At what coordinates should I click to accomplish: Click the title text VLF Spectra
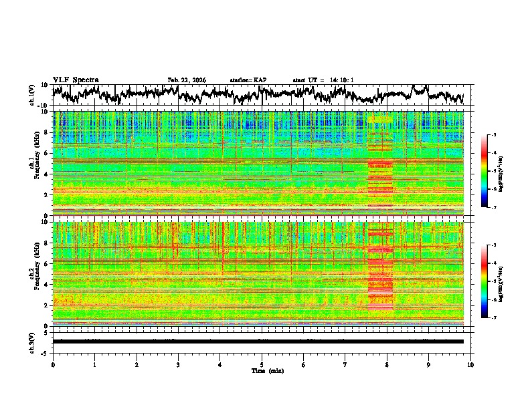pos(76,80)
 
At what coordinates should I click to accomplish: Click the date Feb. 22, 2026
pos(187,80)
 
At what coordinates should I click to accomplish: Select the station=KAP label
pos(248,80)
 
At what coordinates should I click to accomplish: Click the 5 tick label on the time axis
pos(262,364)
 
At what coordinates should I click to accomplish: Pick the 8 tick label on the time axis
pos(387,364)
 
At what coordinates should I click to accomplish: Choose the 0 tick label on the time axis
pos(53,364)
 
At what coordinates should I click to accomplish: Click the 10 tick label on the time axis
pos(470,364)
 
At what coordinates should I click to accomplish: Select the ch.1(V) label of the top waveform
pos(32,95)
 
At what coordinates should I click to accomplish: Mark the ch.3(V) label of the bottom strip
pos(32,341)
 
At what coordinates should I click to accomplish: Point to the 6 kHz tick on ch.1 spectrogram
pos(46,153)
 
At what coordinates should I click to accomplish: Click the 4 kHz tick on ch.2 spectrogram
pos(46,284)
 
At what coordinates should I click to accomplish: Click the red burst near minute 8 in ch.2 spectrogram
pos(381,274)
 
